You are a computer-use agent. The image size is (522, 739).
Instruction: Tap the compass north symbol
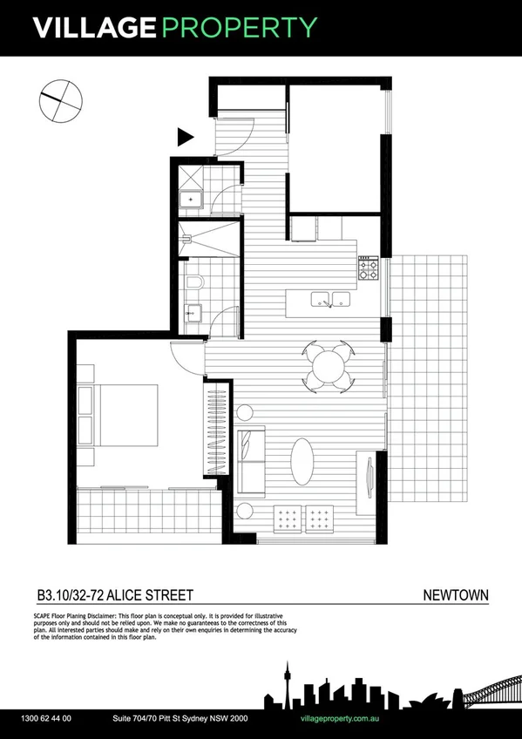point(60,98)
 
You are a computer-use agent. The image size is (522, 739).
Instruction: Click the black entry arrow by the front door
point(185,137)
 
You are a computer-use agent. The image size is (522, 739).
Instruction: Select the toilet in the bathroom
point(193,281)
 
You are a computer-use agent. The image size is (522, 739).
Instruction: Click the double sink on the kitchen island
point(332,300)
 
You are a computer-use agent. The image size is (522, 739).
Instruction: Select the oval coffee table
point(302,461)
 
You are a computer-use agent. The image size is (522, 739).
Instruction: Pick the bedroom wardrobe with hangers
point(217,431)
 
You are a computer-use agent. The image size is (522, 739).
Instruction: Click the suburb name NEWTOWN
point(455,596)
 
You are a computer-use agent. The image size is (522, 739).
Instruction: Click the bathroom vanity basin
point(193,312)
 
